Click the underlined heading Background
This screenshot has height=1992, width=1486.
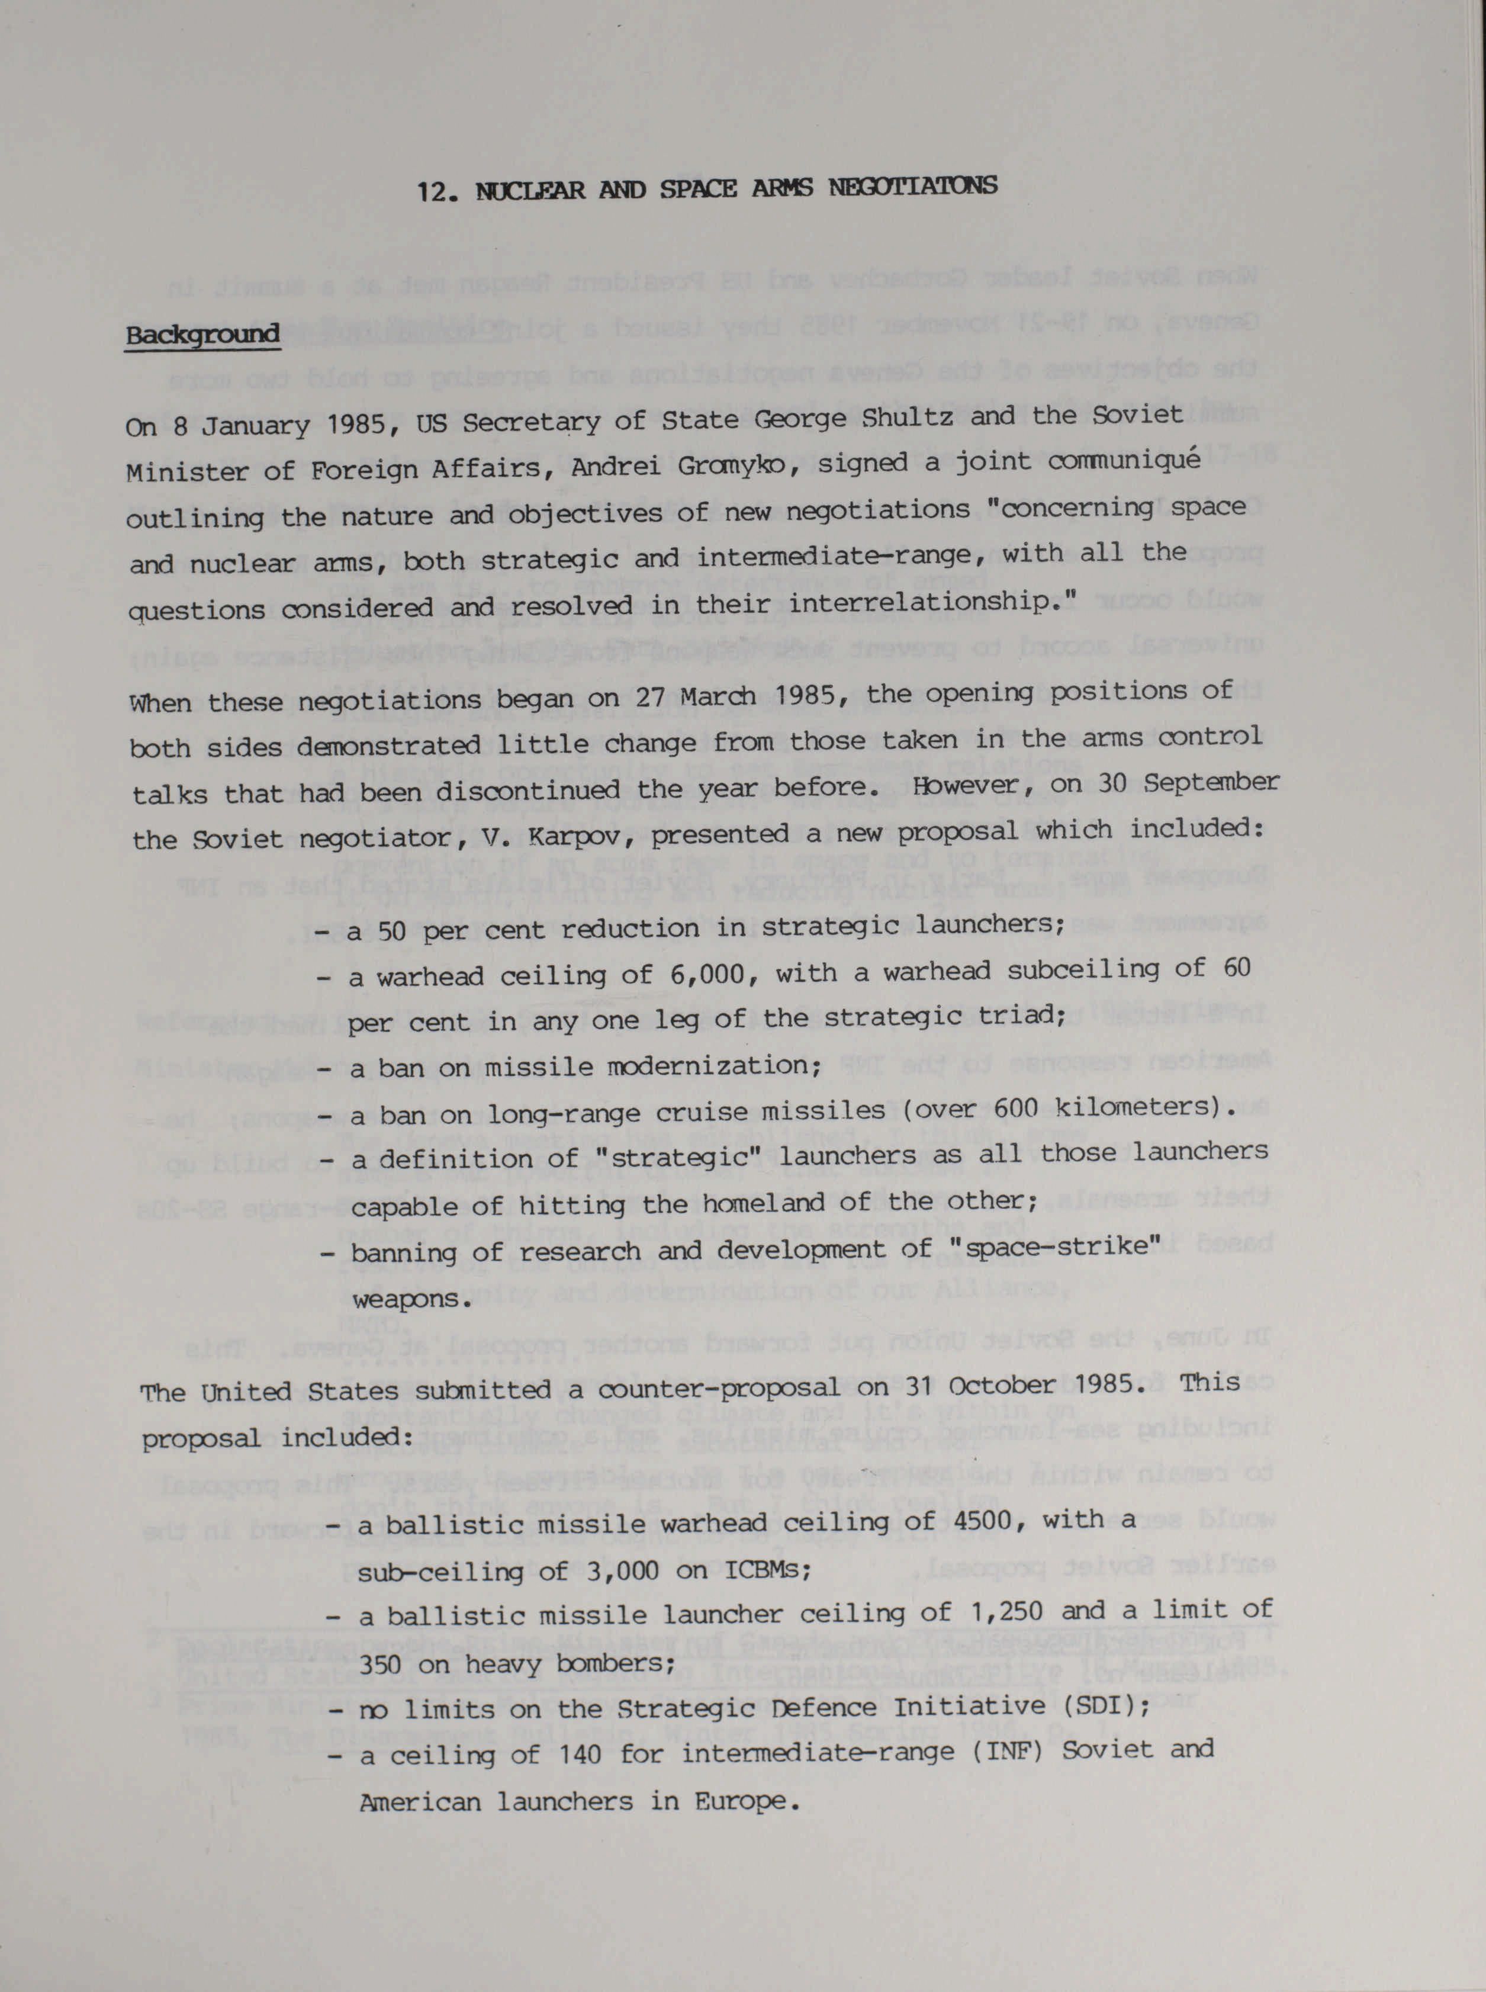pyautogui.click(x=202, y=335)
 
